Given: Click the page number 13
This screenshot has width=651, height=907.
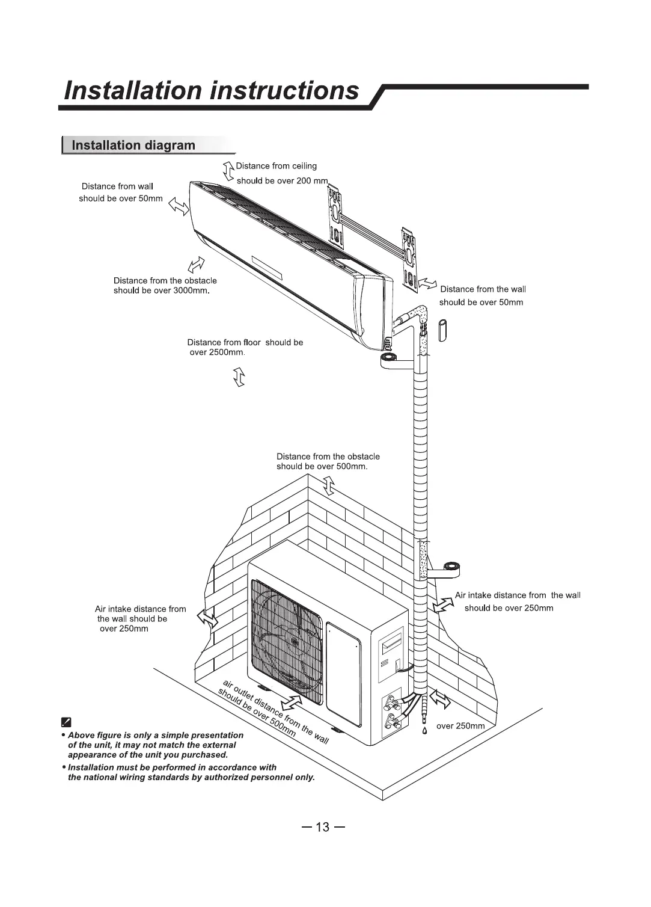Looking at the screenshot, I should point(323,827).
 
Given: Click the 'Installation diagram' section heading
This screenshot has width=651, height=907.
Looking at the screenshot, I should point(133,146).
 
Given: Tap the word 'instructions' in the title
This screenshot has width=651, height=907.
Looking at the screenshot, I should point(285,90).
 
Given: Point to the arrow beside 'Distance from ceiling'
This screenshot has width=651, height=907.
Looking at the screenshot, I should point(228,171).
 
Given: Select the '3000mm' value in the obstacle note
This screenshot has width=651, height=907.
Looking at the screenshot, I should point(190,291).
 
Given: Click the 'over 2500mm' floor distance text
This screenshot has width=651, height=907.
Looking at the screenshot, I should point(216,352).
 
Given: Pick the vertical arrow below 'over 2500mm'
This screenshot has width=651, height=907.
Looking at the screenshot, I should point(239,378).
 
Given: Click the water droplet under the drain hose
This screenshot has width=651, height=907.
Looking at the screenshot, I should point(424,731).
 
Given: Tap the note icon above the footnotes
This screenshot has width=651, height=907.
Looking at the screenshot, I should point(67,722).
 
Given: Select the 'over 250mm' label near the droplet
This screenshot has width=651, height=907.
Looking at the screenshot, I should point(460,726).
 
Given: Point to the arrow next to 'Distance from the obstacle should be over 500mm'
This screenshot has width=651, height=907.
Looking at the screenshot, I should point(328,485).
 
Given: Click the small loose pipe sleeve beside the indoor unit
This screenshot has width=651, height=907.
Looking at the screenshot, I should point(443,330).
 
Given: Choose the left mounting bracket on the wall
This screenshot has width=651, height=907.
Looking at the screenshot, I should point(334,217).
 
